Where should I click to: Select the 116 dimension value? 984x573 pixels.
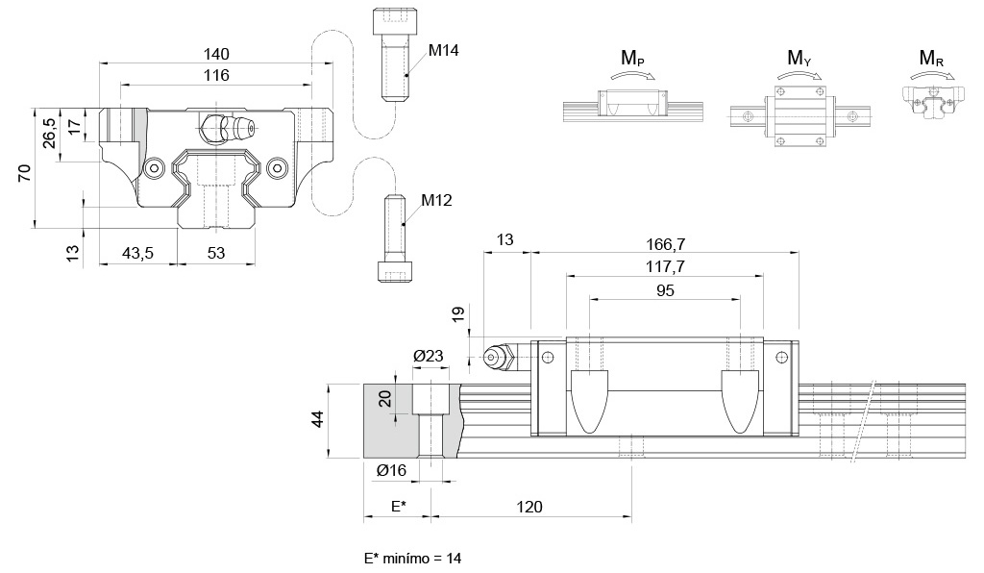[x=216, y=75]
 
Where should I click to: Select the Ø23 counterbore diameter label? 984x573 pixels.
[x=429, y=356]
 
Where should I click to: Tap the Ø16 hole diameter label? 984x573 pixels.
[x=391, y=469]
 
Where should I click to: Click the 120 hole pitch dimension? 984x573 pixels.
[x=529, y=507]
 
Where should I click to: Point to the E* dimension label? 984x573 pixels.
[x=398, y=507]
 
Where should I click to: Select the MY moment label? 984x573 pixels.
[x=799, y=60]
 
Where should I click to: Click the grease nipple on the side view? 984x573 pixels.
[x=497, y=357]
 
